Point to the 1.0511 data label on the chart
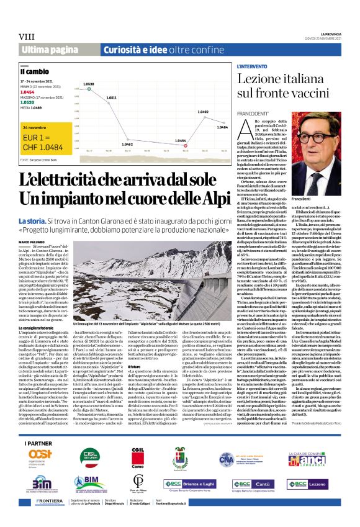pos(112,97)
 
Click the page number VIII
pos(26,37)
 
